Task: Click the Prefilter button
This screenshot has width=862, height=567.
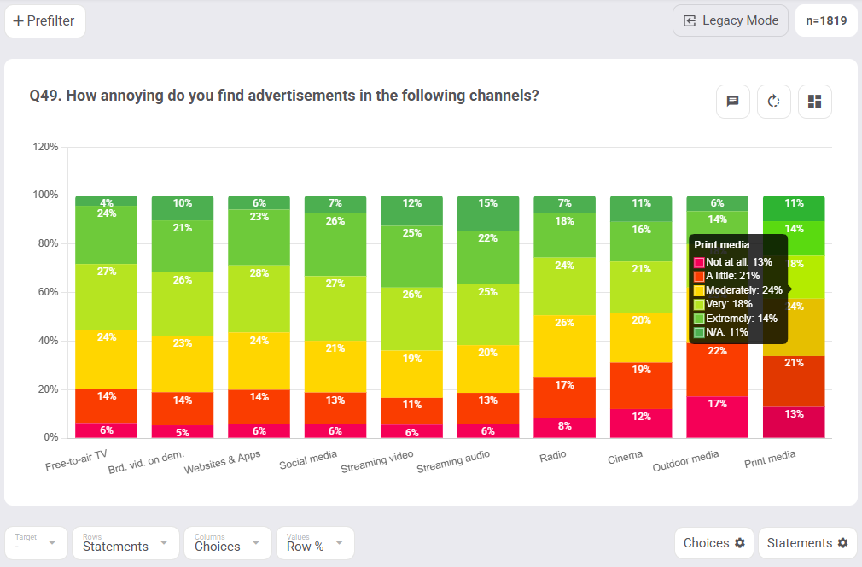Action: [x=45, y=21]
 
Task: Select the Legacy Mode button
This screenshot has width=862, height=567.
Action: [x=731, y=21]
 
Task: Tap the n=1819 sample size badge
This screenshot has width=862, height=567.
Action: [x=826, y=21]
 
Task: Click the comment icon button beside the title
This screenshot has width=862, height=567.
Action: [x=732, y=102]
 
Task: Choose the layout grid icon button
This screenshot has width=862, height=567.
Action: [x=814, y=102]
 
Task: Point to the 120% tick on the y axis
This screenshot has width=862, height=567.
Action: [x=45, y=147]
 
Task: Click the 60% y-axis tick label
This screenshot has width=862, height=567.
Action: [x=46, y=292]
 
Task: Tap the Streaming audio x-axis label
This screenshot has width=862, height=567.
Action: [x=454, y=462]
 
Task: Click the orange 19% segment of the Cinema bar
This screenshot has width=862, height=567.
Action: [x=641, y=370]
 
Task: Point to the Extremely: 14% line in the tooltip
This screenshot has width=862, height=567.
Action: [x=735, y=318]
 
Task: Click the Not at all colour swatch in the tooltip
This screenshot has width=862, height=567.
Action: [x=699, y=262]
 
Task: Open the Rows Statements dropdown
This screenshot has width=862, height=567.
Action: [x=125, y=543]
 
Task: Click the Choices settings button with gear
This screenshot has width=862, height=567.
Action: [x=713, y=543]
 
